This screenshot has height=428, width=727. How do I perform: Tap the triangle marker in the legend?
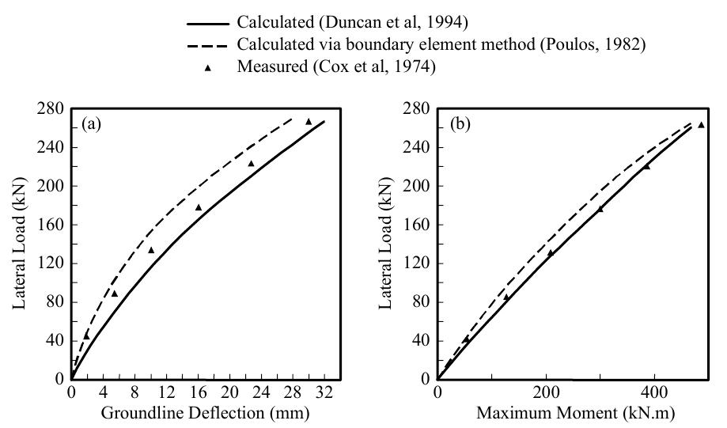pos(208,68)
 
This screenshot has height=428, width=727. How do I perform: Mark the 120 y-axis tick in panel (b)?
pos(420,263)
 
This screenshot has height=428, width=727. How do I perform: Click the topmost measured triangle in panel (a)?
pos(309,122)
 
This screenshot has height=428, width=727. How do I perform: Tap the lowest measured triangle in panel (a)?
pos(86,336)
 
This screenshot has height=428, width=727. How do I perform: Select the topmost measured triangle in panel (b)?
pos(701,125)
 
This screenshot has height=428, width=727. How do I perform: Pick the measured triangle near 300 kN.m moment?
pos(600,209)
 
